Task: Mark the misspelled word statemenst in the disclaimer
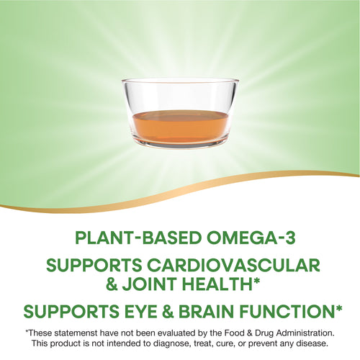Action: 82,333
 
